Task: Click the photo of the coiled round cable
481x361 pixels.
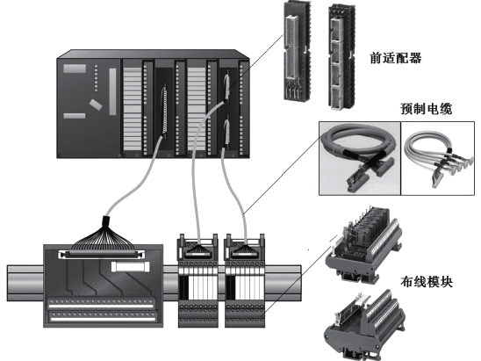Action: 355,157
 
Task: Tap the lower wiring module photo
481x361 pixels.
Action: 365,321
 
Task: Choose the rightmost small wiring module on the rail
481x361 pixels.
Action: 247,279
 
